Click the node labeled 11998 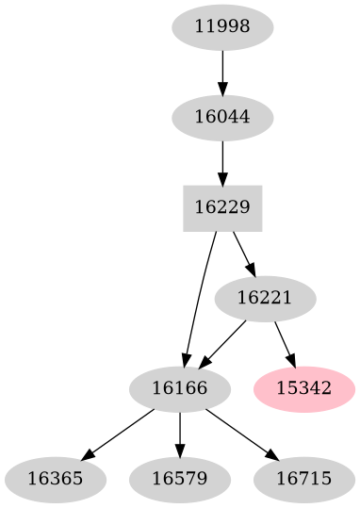(222, 27)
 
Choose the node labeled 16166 (179, 388)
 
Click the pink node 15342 (304, 388)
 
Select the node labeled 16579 (179, 478)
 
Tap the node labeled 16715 (304, 478)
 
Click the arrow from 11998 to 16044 (222, 72)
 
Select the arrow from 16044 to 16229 (222, 162)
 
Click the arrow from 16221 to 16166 (223, 342)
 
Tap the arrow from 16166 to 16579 (179, 434)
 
